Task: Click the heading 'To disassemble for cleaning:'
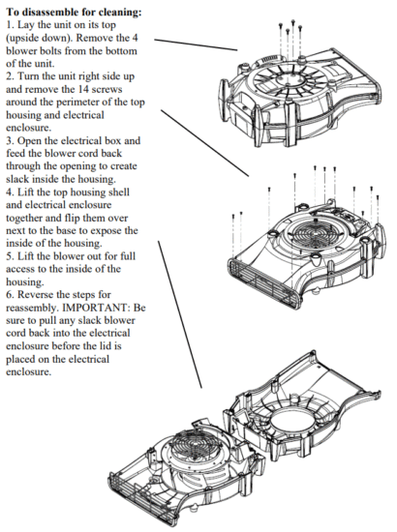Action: click(x=75, y=12)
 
